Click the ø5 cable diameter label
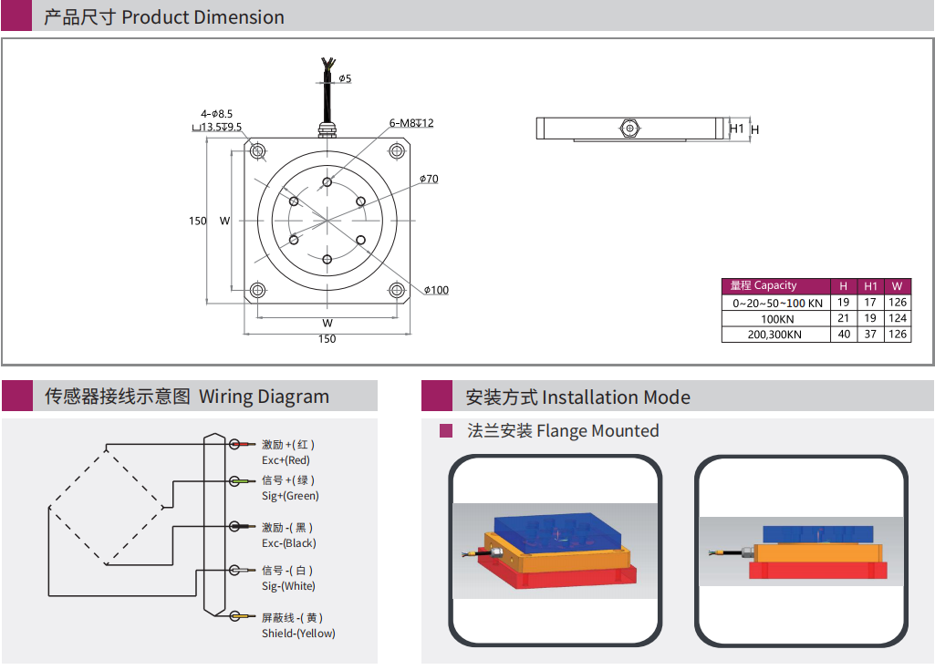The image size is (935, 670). (x=345, y=78)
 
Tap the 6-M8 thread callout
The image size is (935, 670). (x=411, y=123)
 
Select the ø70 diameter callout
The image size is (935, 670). (x=429, y=179)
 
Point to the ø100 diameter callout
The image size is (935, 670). (x=436, y=290)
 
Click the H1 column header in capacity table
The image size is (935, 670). (x=870, y=286)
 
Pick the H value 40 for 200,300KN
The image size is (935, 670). (x=844, y=335)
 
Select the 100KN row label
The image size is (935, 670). (x=776, y=319)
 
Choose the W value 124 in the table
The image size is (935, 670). (x=898, y=319)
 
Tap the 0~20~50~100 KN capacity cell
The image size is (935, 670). (x=776, y=303)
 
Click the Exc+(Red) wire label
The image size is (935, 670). (x=286, y=460)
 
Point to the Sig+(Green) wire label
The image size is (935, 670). (x=290, y=496)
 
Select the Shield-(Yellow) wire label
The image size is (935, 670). (x=298, y=634)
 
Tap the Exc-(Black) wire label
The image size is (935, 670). (x=288, y=543)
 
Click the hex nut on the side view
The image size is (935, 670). (x=629, y=129)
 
